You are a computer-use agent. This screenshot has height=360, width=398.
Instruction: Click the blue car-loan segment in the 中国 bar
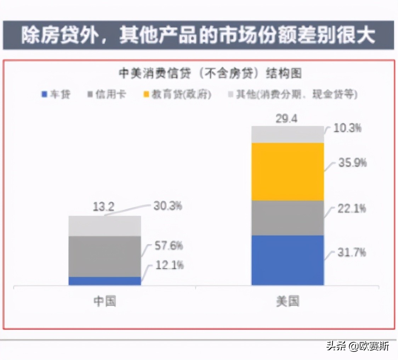[x=105, y=281]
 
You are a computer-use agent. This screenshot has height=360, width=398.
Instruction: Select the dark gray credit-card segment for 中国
[x=105, y=256]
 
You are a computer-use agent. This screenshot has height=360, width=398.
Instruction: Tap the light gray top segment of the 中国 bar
[x=105, y=226]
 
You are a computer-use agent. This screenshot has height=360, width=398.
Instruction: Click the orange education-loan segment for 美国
[x=288, y=171]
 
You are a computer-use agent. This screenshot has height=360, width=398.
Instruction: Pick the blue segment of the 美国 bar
[x=288, y=260]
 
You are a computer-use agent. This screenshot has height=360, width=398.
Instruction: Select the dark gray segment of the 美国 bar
[x=288, y=218]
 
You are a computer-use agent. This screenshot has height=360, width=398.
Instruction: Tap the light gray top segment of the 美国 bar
[x=288, y=134]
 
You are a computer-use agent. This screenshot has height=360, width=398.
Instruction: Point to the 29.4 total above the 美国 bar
[x=287, y=119]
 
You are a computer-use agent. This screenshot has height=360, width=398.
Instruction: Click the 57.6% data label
[x=168, y=245]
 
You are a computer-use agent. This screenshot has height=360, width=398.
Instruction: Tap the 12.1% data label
[x=168, y=265]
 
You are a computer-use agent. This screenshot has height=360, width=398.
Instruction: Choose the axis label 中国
[x=105, y=301]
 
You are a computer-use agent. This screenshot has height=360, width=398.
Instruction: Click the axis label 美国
[x=288, y=301]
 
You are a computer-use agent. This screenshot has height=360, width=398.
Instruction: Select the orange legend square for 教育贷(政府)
[x=146, y=95]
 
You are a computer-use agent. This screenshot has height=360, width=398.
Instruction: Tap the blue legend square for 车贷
[x=44, y=95]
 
